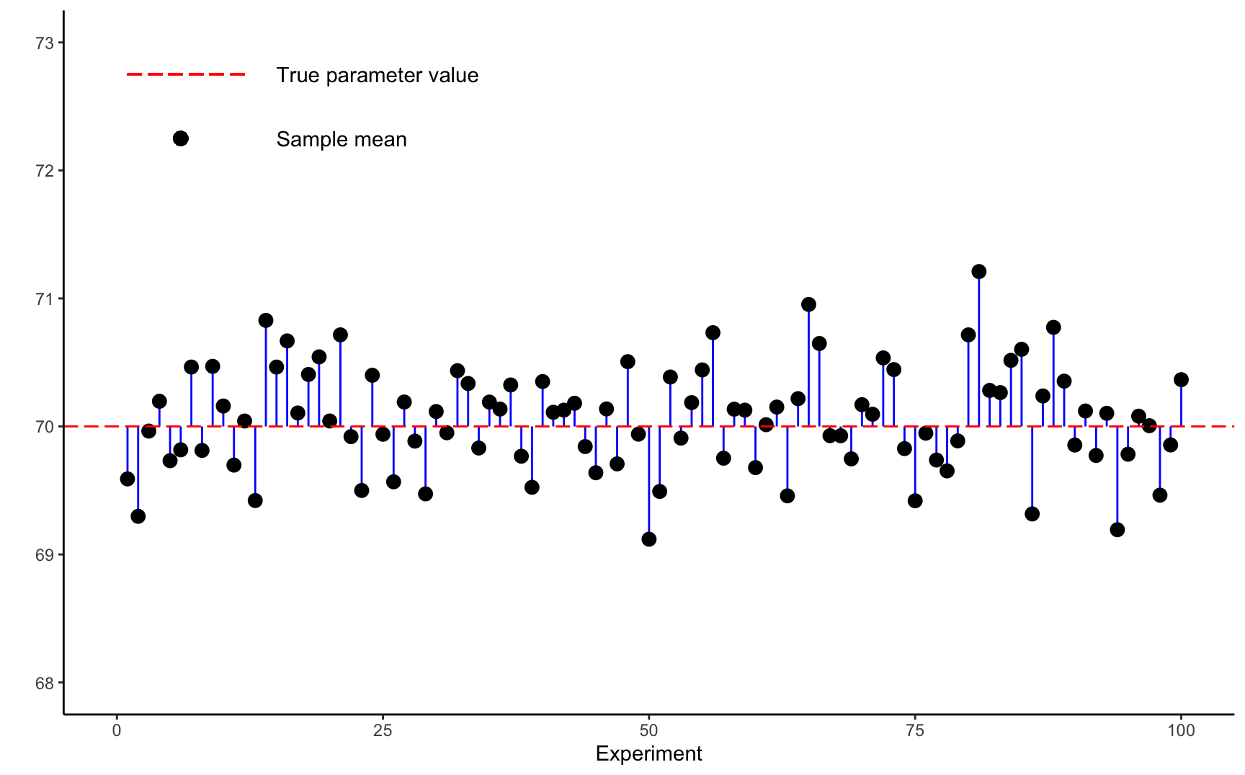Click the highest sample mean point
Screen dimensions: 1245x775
pyautogui.click(x=978, y=272)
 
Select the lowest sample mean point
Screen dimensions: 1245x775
pyautogui.click(x=649, y=539)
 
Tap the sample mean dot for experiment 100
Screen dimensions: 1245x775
pyautogui.click(x=1181, y=380)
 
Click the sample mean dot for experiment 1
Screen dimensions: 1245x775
pyautogui.click(x=128, y=479)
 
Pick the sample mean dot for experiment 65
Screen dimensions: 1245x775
pyautogui.click(x=808, y=304)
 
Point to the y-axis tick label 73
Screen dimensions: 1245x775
pyautogui.click(x=45, y=43)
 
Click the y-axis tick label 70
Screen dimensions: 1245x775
pyautogui.click(x=45, y=427)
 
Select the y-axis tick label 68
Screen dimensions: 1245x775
pyautogui.click(x=45, y=683)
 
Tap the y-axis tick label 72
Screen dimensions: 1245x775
pyautogui.click(x=45, y=171)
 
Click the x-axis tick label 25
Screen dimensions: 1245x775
pyautogui.click(x=383, y=731)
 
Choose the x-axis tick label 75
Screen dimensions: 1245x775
pyautogui.click(x=915, y=731)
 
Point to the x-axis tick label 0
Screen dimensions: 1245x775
pyautogui.click(x=117, y=731)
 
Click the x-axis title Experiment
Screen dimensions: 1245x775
pyautogui.click(x=648, y=754)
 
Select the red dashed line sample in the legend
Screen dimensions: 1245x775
pyautogui.click(x=187, y=74)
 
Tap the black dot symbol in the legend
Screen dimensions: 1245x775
pyautogui.click(x=181, y=138)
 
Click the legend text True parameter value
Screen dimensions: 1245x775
pyautogui.click(x=378, y=76)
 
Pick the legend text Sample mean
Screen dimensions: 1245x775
pyautogui.click(x=342, y=140)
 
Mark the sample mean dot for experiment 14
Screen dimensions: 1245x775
pyautogui.click(x=266, y=320)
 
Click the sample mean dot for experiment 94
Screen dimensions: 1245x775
pyautogui.click(x=1117, y=530)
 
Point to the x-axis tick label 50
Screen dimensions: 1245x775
pyautogui.click(x=649, y=731)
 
